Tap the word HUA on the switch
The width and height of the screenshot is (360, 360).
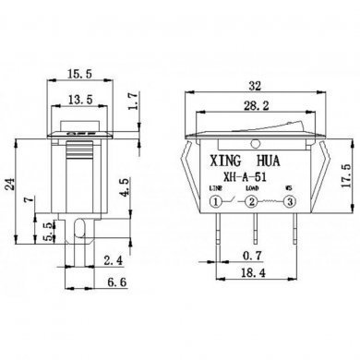[x=278, y=160]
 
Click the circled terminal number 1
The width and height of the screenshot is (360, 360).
[x=217, y=202]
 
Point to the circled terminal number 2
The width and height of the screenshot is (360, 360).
[x=253, y=202]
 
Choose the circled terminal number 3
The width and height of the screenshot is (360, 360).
[x=291, y=202]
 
